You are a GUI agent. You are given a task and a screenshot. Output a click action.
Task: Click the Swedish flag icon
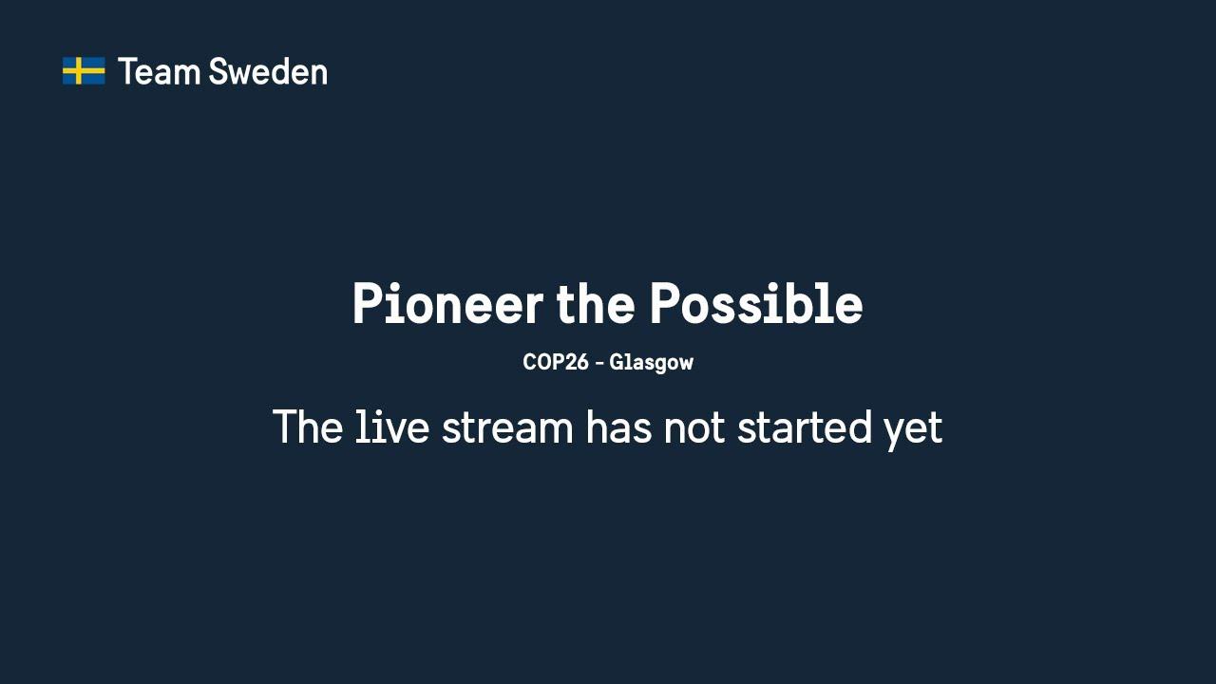point(84,71)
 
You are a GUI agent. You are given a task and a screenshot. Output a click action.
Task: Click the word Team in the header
point(159,71)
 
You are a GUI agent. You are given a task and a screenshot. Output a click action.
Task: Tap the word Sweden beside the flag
point(268,71)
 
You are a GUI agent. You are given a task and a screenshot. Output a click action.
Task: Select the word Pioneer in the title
point(447,303)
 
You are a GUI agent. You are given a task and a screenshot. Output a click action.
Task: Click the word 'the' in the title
point(596,303)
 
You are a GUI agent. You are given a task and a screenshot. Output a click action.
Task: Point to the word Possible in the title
point(756,303)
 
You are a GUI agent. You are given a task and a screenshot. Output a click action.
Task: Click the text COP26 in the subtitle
point(556,362)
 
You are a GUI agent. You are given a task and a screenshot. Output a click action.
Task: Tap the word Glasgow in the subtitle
point(652,363)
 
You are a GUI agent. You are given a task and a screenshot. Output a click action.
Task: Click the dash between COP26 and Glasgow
point(599,363)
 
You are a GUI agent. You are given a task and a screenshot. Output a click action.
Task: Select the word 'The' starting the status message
point(307,427)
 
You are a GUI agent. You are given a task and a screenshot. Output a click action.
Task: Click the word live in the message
point(392,427)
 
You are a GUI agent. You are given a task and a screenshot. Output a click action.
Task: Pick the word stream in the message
point(507,428)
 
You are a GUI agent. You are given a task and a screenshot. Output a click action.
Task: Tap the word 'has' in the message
point(618,427)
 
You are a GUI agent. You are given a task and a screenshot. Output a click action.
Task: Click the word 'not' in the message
point(694,428)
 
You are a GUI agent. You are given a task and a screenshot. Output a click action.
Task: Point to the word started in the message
point(804,427)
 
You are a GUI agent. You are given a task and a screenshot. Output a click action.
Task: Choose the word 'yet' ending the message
point(913,431)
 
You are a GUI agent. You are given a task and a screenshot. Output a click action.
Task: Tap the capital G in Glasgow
point(617,362)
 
